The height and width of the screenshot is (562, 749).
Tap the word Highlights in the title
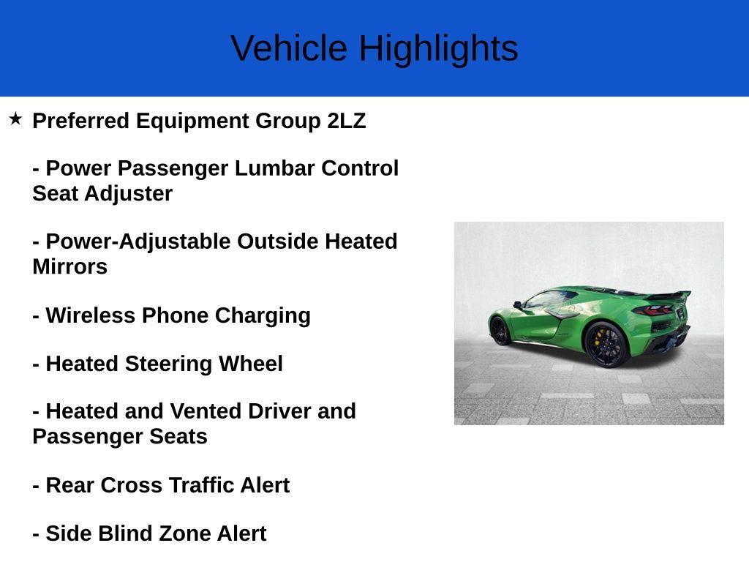pyautogui.click(x=438, y=48)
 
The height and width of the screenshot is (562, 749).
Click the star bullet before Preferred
pyautogui.click(x=15, y=119)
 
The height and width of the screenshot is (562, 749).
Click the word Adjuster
pyautogui.click(x=128, y=194)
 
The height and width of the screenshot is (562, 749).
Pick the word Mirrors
pyautogui.click(x=69, y=267)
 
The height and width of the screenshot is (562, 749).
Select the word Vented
pyautogui.click(x=206, y=411)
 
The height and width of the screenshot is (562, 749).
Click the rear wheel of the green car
pyautogui.click(x=606, y=344)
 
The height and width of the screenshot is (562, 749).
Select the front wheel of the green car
pyautogui.click(x=500, y=331)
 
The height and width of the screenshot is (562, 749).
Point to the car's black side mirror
pyautogui.click(x=517, y=304)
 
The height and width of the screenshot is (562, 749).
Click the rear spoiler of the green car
pyautogui.click(x=669, y=295)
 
